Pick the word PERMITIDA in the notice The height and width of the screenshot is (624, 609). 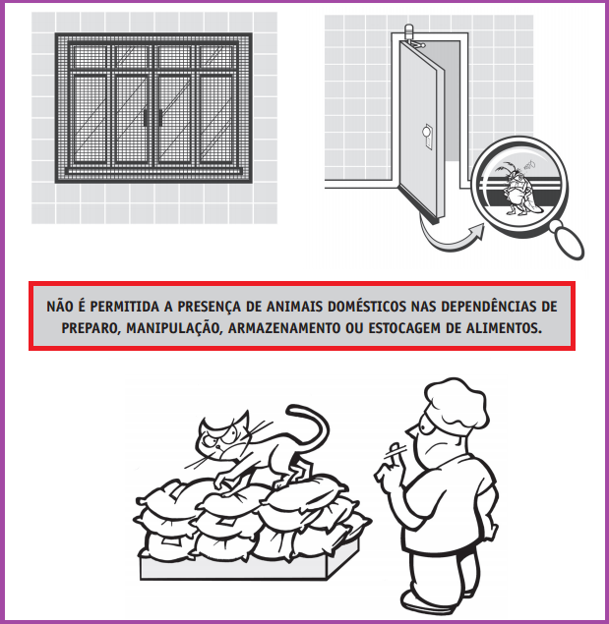click(x=125, y=307)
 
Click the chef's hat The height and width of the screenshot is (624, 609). click(x=457, y=402)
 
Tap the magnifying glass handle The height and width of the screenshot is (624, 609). click(x=568, y=242)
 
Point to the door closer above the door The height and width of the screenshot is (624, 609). click(x=412, y=36)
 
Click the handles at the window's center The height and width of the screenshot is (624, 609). click(x=153, y=117)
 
